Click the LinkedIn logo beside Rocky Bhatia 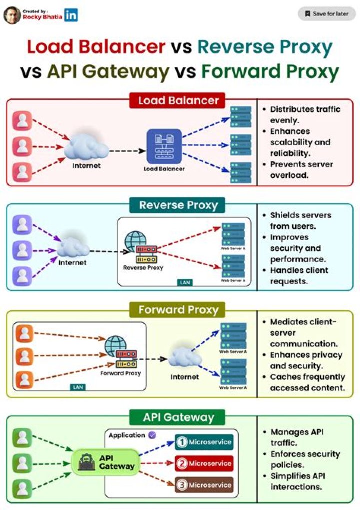coord(71,15)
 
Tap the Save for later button coord(327,14)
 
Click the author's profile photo coord(12,15)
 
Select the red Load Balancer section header coord(178,100)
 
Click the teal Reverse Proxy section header coord(178,205)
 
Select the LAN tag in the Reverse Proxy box coord(185,283)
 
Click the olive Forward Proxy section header coord(178,310)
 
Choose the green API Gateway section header coord(178,417)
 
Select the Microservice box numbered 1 coord(204,442)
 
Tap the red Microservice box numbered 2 coord(204,463)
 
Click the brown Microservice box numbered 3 coord(204,485)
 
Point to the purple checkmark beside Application coord(152,435)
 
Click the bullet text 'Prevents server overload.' coord(301,170)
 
